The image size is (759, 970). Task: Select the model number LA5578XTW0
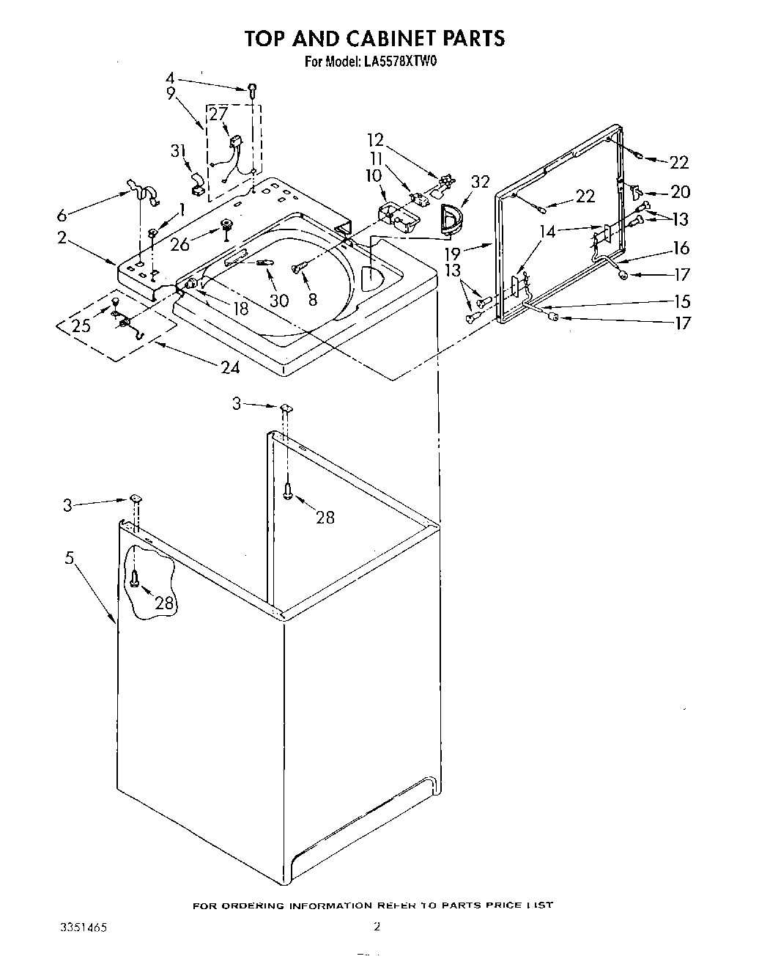[399, 62]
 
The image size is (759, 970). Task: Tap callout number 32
[480, 182]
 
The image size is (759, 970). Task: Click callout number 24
[230, 367]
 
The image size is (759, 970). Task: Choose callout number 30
[280, 300]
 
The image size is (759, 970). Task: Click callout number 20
[680, 192]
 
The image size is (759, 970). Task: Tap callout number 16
[681, 249]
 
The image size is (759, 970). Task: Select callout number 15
[681, 301]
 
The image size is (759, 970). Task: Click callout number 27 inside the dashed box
[218, 114]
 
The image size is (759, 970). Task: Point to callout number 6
[62, 216]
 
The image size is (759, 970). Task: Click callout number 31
[177, 151]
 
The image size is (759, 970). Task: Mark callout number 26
[179, 244]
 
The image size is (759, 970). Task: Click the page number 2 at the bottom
[377, 927]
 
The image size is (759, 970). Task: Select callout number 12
[375, 139]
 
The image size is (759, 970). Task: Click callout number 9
[171, 93]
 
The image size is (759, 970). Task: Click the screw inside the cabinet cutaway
[135, 578]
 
